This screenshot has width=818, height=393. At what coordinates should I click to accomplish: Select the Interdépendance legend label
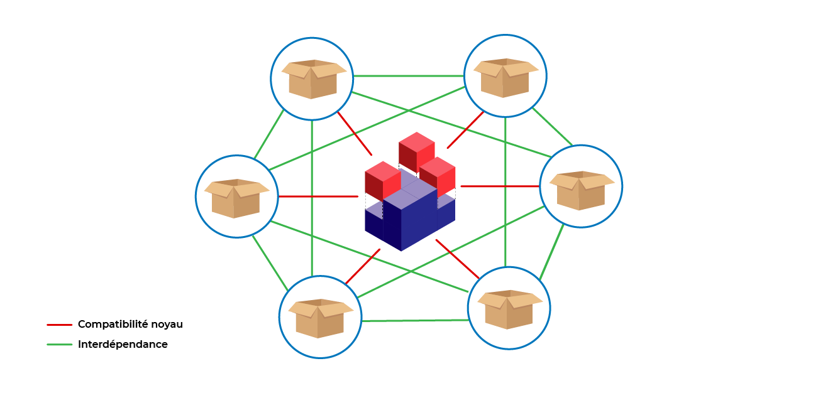[123, 345]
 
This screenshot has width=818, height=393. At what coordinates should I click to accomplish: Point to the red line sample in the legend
[59, 325]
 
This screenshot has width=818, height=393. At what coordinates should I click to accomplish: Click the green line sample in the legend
[59, 345]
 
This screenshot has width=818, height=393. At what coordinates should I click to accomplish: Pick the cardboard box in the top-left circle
[313, 79]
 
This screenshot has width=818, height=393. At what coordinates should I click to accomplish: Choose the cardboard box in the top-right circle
[506, 77]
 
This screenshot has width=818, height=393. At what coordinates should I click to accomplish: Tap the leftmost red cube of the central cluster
[382, 181]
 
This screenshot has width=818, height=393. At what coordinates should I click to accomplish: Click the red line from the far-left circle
[318, 196]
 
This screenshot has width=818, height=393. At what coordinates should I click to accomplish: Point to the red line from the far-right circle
[500, 186]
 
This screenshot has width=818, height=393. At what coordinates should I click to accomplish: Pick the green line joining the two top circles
[409, 76]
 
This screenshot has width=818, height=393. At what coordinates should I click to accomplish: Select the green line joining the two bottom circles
[415, 320]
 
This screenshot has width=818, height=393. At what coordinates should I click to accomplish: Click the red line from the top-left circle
[355, 134]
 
